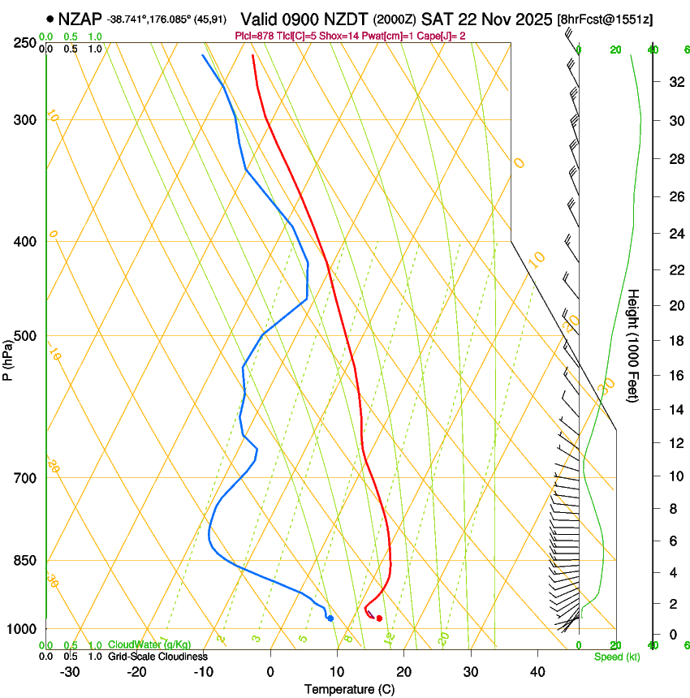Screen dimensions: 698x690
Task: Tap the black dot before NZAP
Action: click(x=50, y=18)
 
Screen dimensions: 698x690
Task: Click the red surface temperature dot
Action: click(x=379, y=618)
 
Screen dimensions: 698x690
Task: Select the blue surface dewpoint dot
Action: click(x=330, y=618)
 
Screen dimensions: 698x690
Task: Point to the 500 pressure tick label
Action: click(x=26, y=336)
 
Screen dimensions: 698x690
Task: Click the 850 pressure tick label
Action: click(x=26, y=561)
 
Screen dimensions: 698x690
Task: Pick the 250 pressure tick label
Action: click(x=26, y=43)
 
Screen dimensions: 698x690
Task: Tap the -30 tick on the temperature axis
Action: click(x=70, y=672)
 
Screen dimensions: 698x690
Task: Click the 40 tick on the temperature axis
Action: click(x=537, y=672)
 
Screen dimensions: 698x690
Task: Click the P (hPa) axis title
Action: click(x=7, y=358)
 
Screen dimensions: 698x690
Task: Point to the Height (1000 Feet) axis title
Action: click(x=634, y=346)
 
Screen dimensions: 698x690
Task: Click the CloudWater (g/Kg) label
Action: click(x=149, y=645)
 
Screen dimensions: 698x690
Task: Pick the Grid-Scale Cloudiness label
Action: click(x=157, y=657)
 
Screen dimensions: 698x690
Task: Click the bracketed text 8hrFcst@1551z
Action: click(x=606, y=19)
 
